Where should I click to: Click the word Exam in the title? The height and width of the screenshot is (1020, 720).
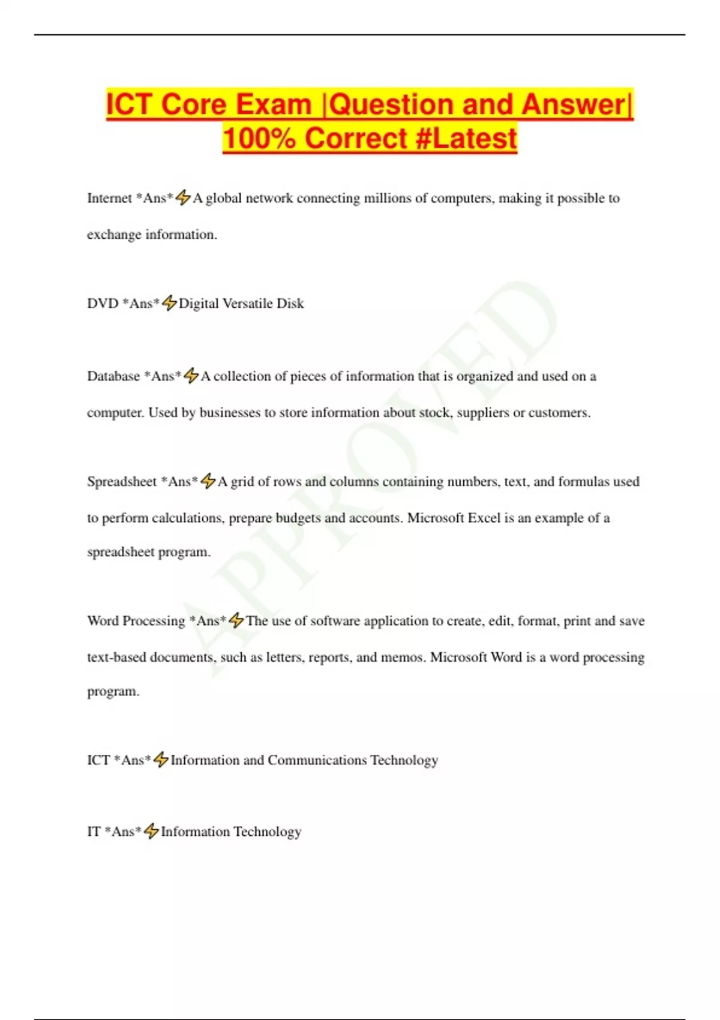274,104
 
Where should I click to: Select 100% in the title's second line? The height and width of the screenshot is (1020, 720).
259,139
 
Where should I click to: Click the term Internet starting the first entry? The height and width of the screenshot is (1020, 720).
109,199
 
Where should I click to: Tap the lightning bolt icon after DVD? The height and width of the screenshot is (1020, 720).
169,304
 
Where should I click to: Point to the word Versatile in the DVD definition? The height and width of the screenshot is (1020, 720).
248,304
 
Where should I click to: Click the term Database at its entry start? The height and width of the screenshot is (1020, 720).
113,377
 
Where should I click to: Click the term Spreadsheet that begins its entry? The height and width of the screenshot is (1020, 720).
122,482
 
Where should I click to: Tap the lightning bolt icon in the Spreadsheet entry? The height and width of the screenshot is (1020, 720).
208,481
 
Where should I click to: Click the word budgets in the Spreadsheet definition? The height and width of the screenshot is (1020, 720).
298,518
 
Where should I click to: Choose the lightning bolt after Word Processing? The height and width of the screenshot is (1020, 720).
236,620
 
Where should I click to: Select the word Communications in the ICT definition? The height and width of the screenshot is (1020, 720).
317,760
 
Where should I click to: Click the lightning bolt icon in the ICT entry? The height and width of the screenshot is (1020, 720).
161,760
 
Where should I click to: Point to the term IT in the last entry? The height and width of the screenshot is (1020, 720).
94,832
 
